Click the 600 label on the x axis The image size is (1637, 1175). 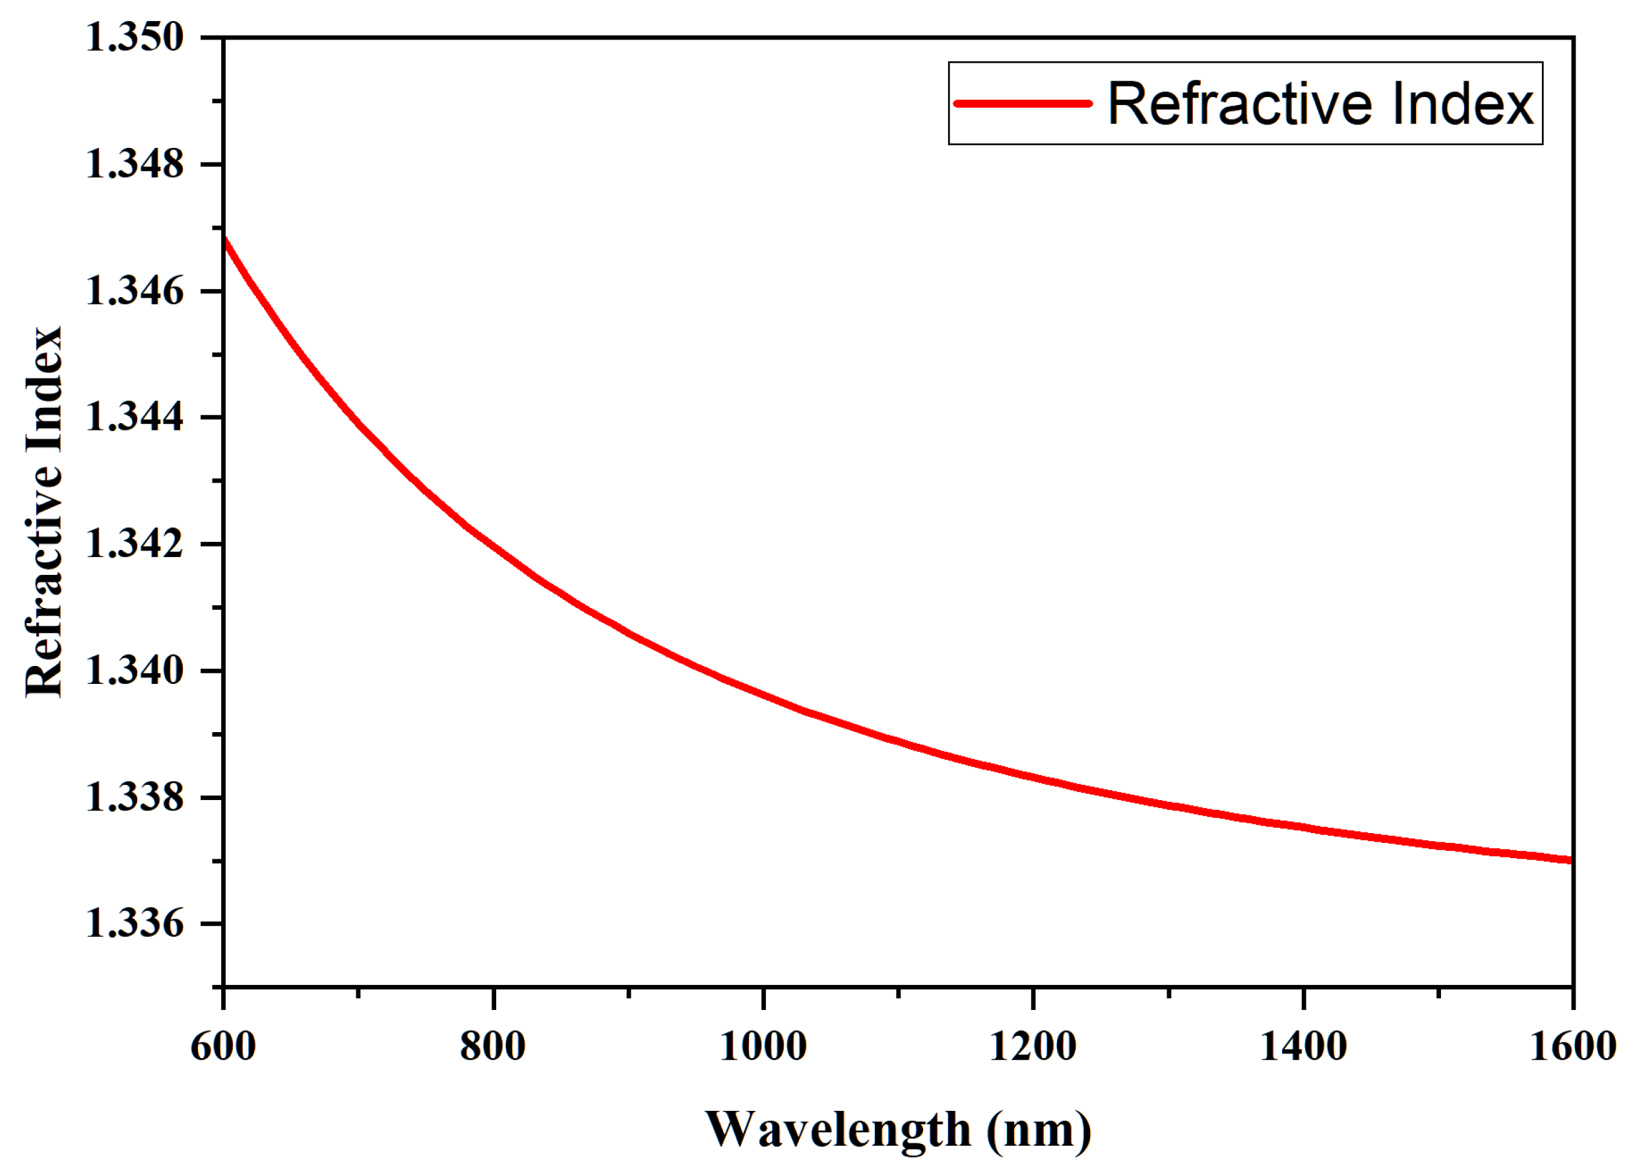tap(223, 1046)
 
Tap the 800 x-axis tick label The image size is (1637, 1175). tap(493, 1046)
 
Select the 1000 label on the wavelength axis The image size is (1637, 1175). tap(763, 1046)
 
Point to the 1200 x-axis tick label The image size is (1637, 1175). tap(1033, 1046)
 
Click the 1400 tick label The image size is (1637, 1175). tap(1303, 1046)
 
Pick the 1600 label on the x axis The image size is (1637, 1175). tap(1573, 1046)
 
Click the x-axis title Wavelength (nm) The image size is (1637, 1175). tap(898, 1130)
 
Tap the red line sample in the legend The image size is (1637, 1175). tap(1023, 103)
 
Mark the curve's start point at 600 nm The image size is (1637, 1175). tap(225, 239)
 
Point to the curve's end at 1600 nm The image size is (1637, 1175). tap(1570, 859)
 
